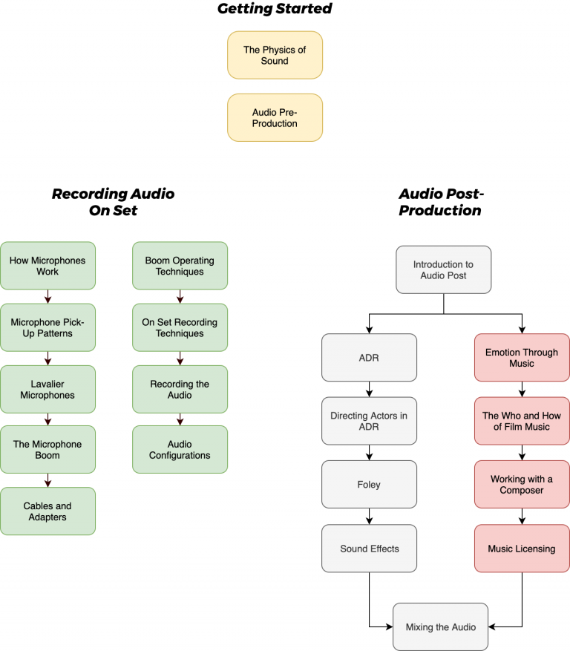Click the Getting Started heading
click(275, 9)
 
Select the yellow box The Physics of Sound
click(275, 55)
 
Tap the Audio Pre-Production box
click(275, 117)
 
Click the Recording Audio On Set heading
click(113, 202)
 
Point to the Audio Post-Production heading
click(441, 202)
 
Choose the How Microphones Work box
click(47, 266)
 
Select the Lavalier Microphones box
click(47, 390)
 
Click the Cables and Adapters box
click(47, 511)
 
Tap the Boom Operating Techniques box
click(180, 266)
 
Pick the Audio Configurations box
click(180, 450)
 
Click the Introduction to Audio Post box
click(443, 269)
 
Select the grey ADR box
click(369, 357)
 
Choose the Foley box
click(369, 484)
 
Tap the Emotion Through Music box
click(522, 357)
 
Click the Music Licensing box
click(522, 549)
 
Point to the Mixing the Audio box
click(441, 627)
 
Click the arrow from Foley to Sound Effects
click(369, 517)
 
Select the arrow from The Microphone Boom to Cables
click(47, 480)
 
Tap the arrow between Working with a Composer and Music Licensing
click(522, 517)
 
